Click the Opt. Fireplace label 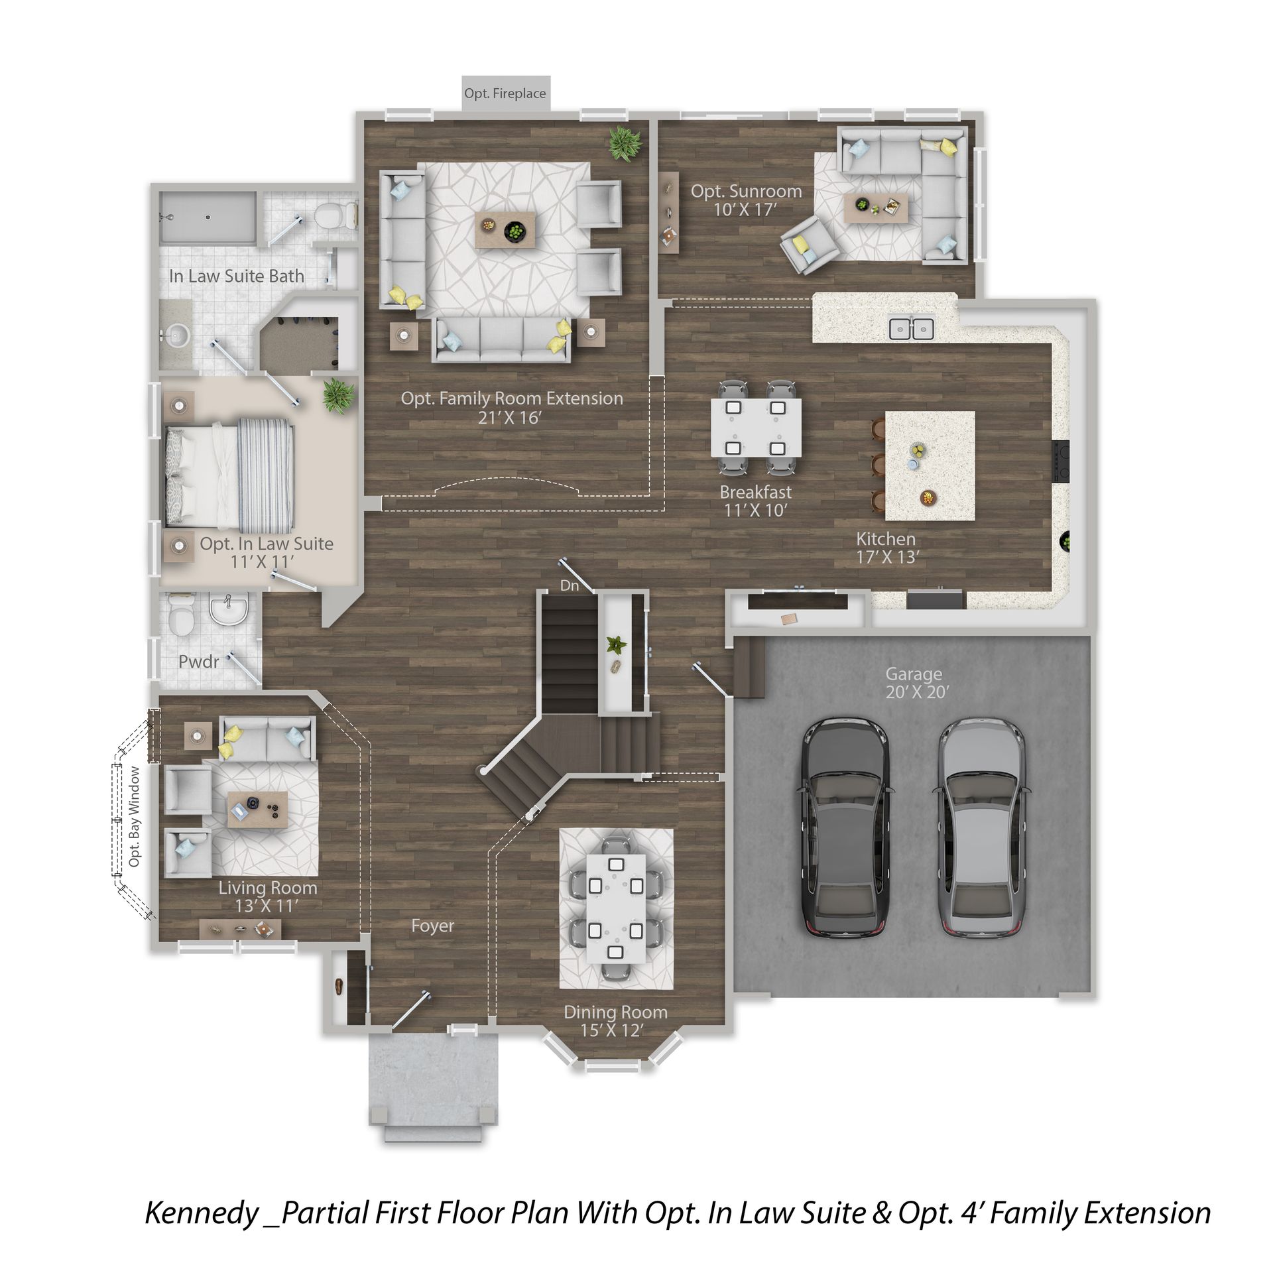tap(505, 93)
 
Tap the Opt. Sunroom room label tap(746, 200)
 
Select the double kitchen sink tap(912, 328)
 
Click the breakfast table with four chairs tap(756, 428)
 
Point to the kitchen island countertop tap(930, 465)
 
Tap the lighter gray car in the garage tap(982, 828)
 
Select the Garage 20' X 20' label tap(917, 683)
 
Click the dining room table tap(616, 908)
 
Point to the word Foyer tap(432, 926)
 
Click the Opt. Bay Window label tap(135, 816)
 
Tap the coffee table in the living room tap(257, 809)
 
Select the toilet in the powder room tap(180, 614)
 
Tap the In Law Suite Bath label tap(237, 276)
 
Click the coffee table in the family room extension tap(505, 229)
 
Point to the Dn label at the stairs tap(569, 585)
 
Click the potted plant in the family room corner tap(625, 143)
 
